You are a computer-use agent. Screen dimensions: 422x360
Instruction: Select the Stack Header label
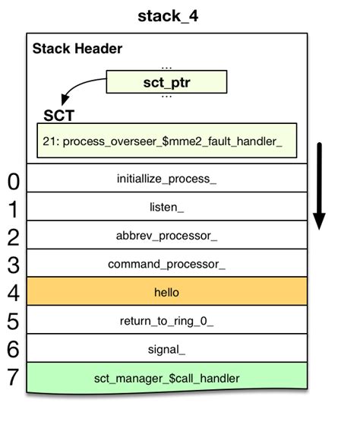click(x=77, y=49)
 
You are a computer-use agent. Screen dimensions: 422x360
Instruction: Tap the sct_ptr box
click(x=166, y=82)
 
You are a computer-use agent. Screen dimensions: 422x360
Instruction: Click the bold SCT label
click(x=59, y=116)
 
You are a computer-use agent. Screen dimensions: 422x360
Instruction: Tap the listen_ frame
click(x=166, y=206)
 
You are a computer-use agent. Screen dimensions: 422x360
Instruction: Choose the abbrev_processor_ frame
click(x=166, y=235)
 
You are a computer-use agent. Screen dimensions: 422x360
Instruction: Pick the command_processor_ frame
click(x=166, y=264)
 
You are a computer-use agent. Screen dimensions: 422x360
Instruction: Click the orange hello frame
click(x=166, y=292)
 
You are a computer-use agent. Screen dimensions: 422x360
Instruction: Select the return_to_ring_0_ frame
click(x=166, y=321)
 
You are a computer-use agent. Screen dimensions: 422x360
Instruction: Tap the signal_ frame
click(x=166, y=349)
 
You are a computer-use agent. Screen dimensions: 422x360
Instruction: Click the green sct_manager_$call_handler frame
click(x=166, y=377)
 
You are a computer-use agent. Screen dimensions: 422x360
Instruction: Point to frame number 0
click(x=13, y=182)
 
